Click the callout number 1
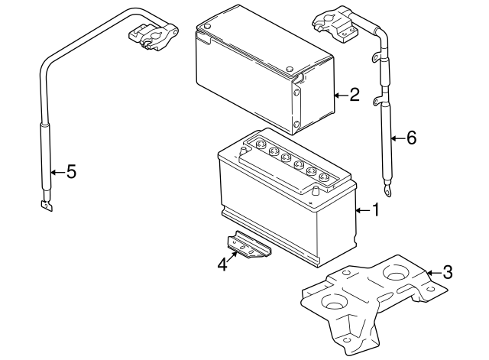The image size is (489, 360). (374, 209)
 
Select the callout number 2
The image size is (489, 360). (354, 96)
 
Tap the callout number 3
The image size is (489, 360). (448, 271)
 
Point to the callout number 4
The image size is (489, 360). (222, 264)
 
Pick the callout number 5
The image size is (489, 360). (71, 172)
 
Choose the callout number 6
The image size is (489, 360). (410, 138)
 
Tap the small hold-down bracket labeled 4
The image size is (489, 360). (248, 246)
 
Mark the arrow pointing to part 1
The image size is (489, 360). (362, 209)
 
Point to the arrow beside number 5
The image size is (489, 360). (57, 172)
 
